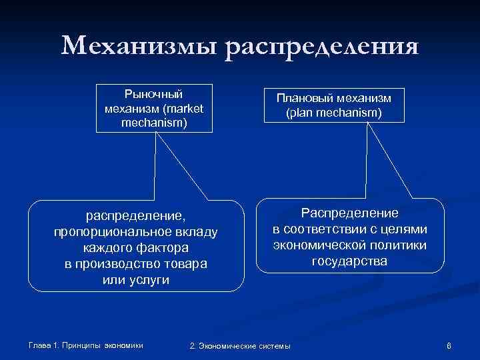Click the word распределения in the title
point(323,49)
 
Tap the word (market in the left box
point(181,108)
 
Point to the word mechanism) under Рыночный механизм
point(154,122)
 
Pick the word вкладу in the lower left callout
point(196,231)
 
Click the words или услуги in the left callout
point(136,279)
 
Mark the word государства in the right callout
point(349,261)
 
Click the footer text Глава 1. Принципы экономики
point(86,345)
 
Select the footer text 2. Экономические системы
point(241,345)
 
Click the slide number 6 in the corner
point(449,345)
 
